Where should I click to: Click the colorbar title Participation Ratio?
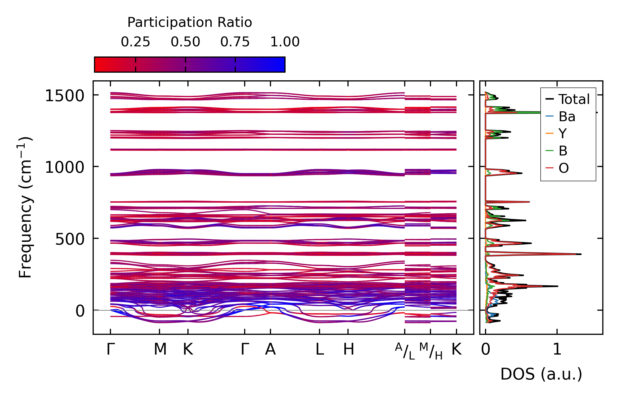[190, 22]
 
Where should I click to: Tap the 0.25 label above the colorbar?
[135, 42]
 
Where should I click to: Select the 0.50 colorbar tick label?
[185, 42]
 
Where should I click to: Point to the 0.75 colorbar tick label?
[235, 42]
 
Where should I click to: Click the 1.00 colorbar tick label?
[285, 42]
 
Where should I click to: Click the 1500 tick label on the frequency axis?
[64, 96]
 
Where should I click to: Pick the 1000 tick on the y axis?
[64, 167]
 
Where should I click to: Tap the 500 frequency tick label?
[70, 239]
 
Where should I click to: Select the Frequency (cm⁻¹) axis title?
[25, 207]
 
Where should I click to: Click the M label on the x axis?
[160, 349]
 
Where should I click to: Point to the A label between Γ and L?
[270, 349]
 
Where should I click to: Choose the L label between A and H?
[320, 349]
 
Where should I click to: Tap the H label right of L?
[349, 349]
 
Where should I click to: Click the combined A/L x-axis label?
[405, 351]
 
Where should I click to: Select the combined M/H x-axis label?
[431, 351]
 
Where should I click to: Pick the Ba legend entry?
[567, 117]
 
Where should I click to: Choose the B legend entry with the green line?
[563, 151]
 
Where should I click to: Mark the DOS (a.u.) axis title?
[541, 374]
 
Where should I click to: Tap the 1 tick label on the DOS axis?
[557, 349]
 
